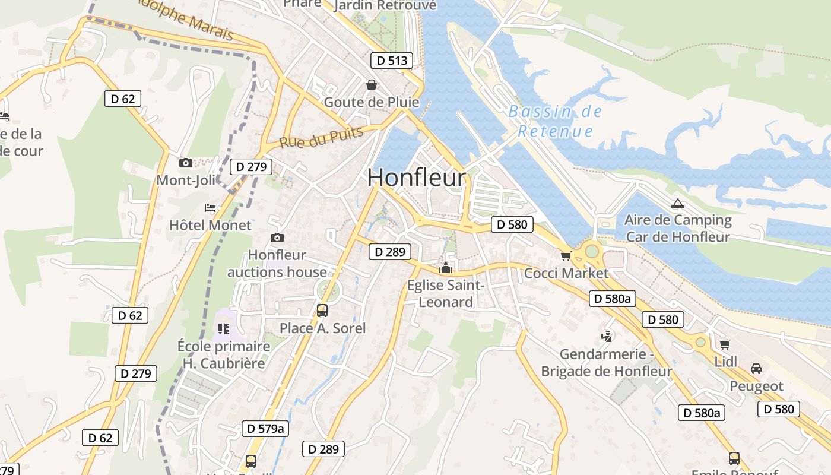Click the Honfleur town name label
click(x=417, y=178)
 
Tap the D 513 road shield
click(x=392, y=60)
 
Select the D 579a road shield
click(x=265, y=428)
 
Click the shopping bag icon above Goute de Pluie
click(x=372, y=85)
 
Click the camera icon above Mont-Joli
click(x=186, y=163)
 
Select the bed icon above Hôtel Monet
click(x=210, y=207)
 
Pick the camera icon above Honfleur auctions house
click(x=277, y=238)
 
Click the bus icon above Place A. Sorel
click(x=322, y=310)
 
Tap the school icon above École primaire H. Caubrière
click(x=224, y=328)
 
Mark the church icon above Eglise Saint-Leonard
click(x=445, y=268)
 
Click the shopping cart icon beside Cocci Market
click(x=566, y=256)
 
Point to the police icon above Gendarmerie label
click(x=607, y=337)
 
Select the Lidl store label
click(x=726, y=362)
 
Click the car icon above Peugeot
click(x=756, y=369)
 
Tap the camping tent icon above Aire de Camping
click(x=677, y=203)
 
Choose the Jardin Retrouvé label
click(x=385, y=5)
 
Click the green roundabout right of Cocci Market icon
click(x=592, y=251)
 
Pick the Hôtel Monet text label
click(x=210, y=226)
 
